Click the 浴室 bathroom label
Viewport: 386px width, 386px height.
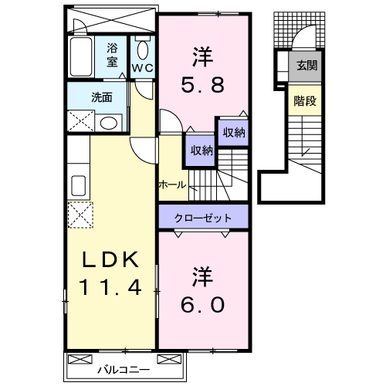click(x=113, y=55)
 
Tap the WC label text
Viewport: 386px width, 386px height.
click(x=142, y=68)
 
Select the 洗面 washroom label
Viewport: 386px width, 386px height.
click(x=102, y=97)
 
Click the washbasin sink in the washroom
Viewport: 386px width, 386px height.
click(x=109, y=122)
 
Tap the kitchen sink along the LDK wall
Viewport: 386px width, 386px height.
click(x=78, y=185)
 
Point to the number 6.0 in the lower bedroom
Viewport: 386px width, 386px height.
click(x=204, y=306)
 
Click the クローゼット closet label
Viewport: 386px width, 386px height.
click(x=203, y=217)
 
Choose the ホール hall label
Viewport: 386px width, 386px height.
click(x=171, y=184)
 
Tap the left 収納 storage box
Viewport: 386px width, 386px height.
click(x=198, y=150)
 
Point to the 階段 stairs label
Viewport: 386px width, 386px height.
click(x=303, y=100)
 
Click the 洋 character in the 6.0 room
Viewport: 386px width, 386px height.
click(x=203, y=275)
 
